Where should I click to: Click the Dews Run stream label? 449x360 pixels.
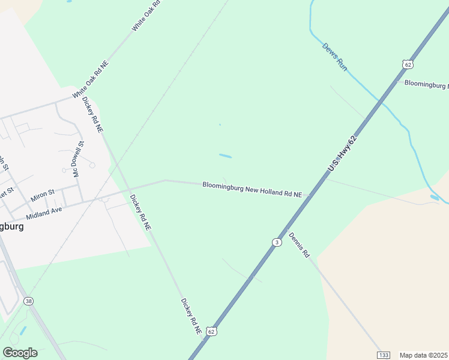335,57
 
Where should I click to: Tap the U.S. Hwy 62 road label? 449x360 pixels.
342,154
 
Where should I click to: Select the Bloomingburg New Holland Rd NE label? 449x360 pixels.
256,190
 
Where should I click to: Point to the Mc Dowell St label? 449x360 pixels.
78,159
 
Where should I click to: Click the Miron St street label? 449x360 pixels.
42,195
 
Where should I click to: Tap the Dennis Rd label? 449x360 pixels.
299,245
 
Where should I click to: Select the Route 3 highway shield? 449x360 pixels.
276,242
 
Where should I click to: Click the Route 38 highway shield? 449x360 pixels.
28,301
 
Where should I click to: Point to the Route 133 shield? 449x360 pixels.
384,355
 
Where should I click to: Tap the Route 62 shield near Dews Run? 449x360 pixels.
408,64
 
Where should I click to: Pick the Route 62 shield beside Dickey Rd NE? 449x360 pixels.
211,331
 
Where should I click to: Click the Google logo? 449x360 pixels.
20,353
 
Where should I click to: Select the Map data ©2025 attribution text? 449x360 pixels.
424,355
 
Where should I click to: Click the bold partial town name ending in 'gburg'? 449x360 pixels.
11,227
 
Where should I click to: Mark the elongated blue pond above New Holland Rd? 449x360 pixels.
225,156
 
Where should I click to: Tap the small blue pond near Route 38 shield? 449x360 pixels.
23,331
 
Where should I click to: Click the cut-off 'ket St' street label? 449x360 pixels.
6,193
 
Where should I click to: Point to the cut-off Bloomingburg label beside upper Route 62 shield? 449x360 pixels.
426,84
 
